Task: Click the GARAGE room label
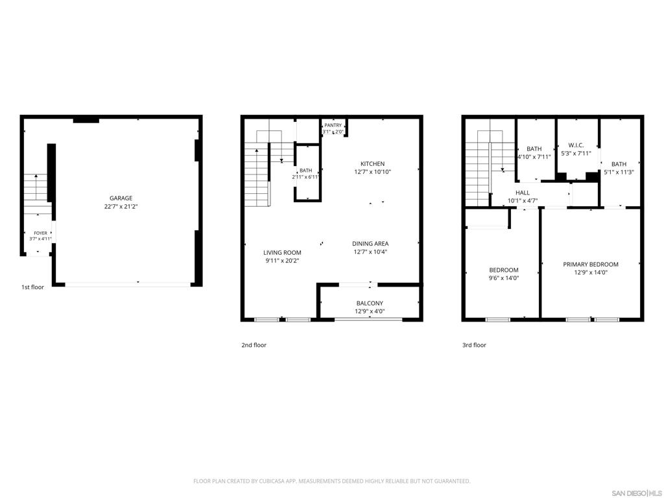pyautogui.click(x=121, y=198)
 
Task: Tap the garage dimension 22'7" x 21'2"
pyautogui.click(x=121, y=207)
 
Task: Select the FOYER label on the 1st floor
pyautogui.click(x=41, y=233)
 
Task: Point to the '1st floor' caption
pyautogui.click(x=32, y=287)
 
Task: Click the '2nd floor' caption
pyautogui.click(x=254, y=345)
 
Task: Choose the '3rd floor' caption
pyautogui.click(x=474, y=345)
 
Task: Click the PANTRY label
pyautogui.click(x=333, y=125)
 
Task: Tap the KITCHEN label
pyautogui.click(x=373, y=164)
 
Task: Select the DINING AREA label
pyautogui.click(x=370, y=244)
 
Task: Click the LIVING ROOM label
pyautogui.click(x=283, y=252)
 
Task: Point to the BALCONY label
pyautogui.click(x=370, y=303)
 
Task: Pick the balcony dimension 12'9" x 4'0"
pyautogui.click(x=370, y=311)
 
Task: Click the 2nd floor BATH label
pyautogui.click(x=306, y=171)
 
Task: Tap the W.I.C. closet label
pyautogui.click(x=576, y=145)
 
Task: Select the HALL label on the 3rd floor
pyautogui.click(x=523, y=193)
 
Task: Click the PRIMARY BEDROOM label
pyautogui.click(x=591, y=265)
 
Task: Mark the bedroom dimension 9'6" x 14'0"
pyautogui.click(x=504, y=278)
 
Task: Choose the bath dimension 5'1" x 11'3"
pyautogui.click(x=619, y=172)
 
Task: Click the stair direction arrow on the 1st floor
pyautogui.click(x=36, y=187)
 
